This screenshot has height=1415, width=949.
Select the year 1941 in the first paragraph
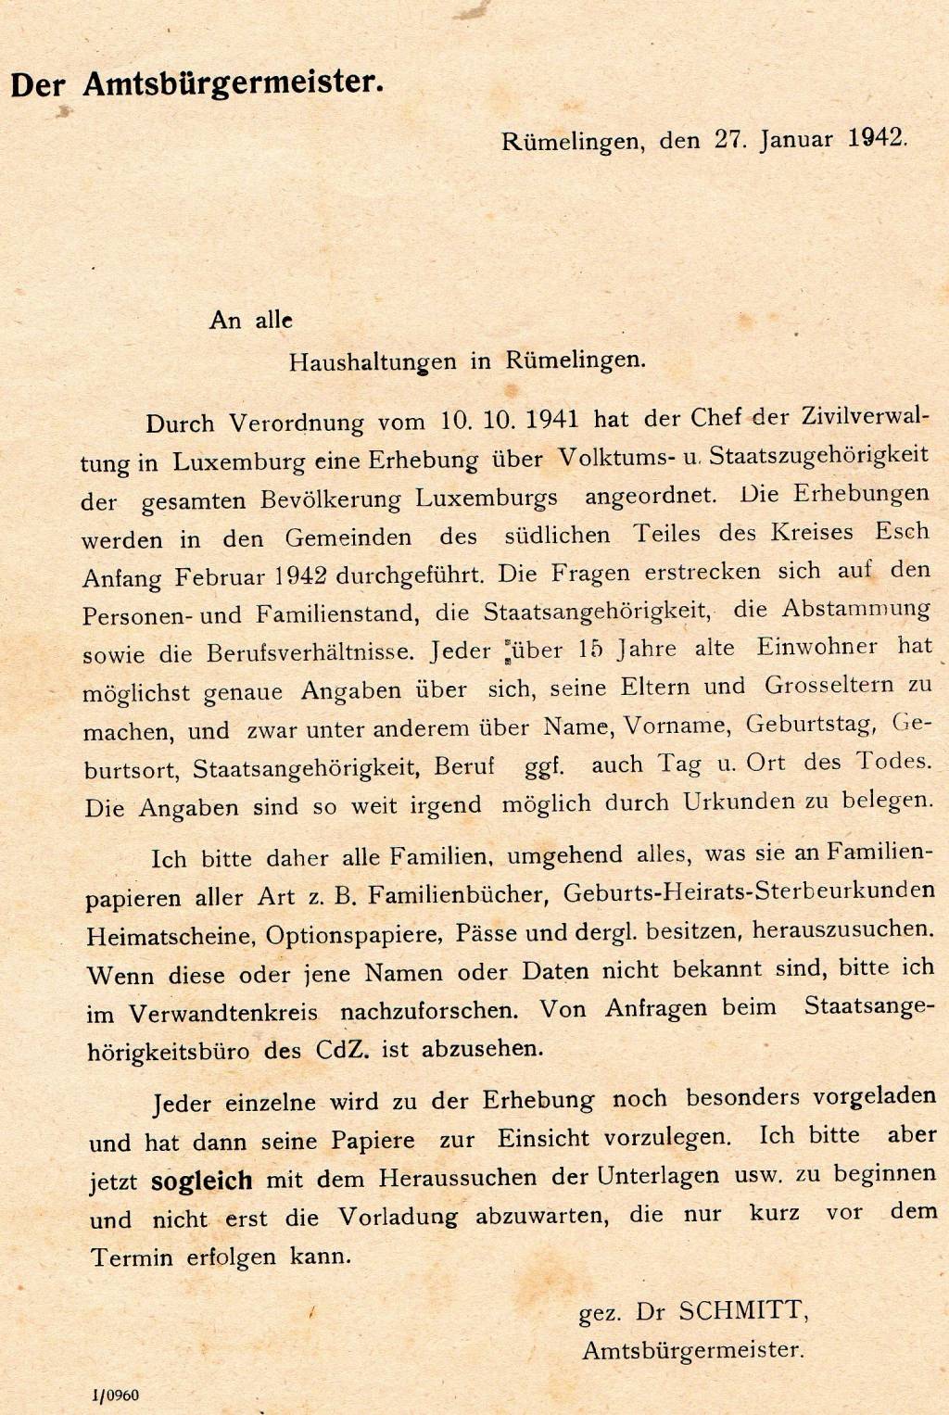(552, 419)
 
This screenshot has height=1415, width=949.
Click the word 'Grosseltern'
(829, 686)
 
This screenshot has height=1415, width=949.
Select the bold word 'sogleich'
(201, 1181)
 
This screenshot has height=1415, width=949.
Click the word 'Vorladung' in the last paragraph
(397, 1217)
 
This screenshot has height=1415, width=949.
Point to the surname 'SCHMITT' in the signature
(744, 1311)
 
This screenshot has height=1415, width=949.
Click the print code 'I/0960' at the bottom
(115, 1396)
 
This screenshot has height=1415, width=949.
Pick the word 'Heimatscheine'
(170, 935)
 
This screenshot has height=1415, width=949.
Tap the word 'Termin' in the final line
(131, 1257)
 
